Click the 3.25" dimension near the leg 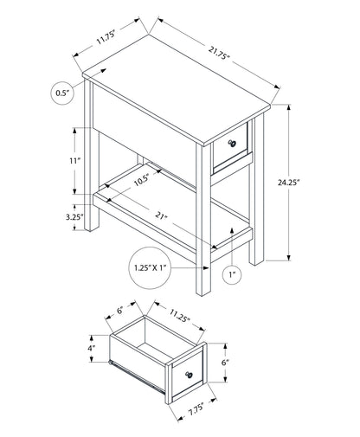[75, 218]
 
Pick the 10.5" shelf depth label [144, 181]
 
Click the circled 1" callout [232, 275]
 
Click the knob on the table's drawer [231, 141]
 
